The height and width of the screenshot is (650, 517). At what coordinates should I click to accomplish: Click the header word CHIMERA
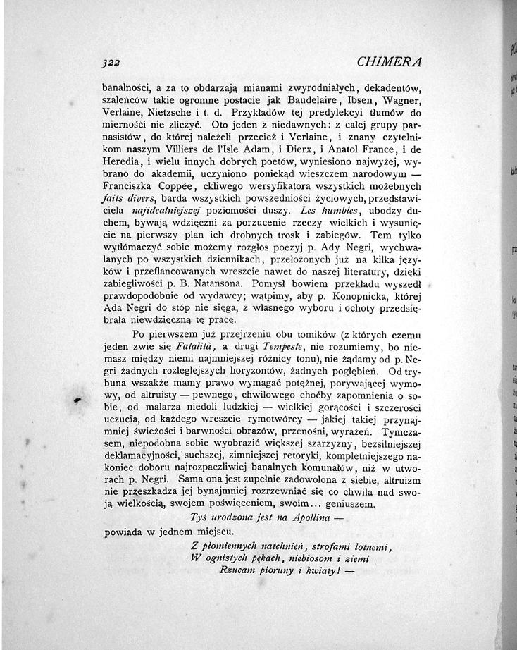pos(390,61)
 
